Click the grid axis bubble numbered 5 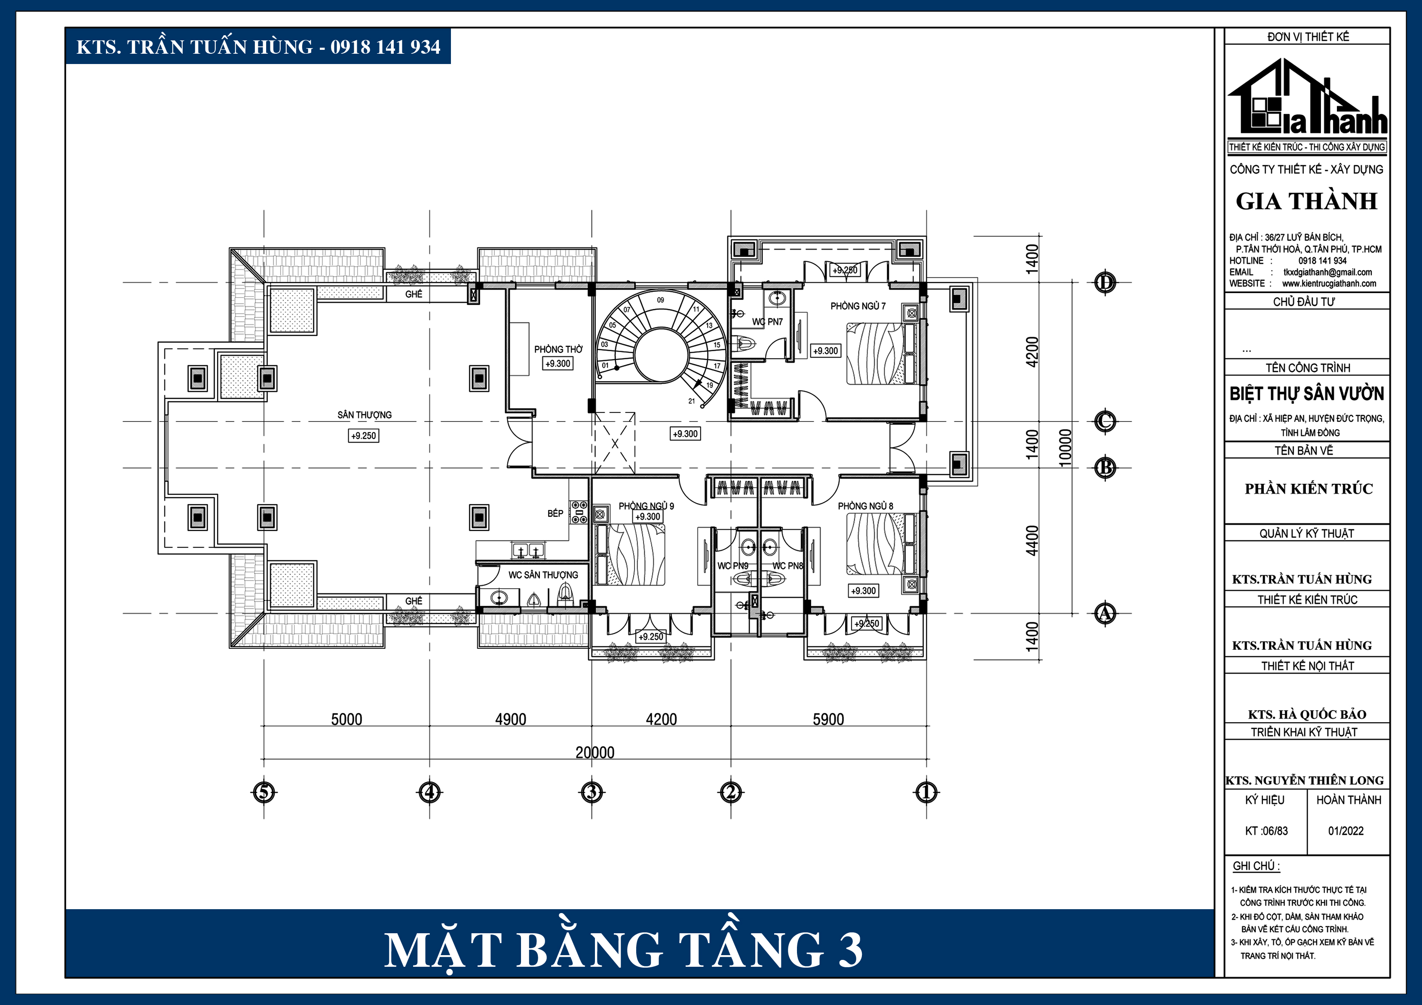pyautogui.click(x=264, y=792)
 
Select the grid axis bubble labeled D pyautogui.click(x=1104, y=282)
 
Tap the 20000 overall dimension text pyautogui.click(x=595, y=752)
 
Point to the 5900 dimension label pyautogui.click(x=828, y=719)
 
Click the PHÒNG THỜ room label pyautogui.click(x=558, y=349)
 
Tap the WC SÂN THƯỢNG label pyautogui.click(x=543, y=574)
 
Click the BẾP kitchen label pyautogui.click(x=555, y=513)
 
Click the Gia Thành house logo pyautogui.click(x=1307, y=99)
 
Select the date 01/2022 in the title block pyautogui.click(x=1346, y=831)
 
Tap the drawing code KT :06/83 pyautogui.click(x=1266, y=831)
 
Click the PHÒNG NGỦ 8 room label pyautogui.click(x=865, y=506)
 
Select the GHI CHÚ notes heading pyautogui.click(x=1256, y=866)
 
